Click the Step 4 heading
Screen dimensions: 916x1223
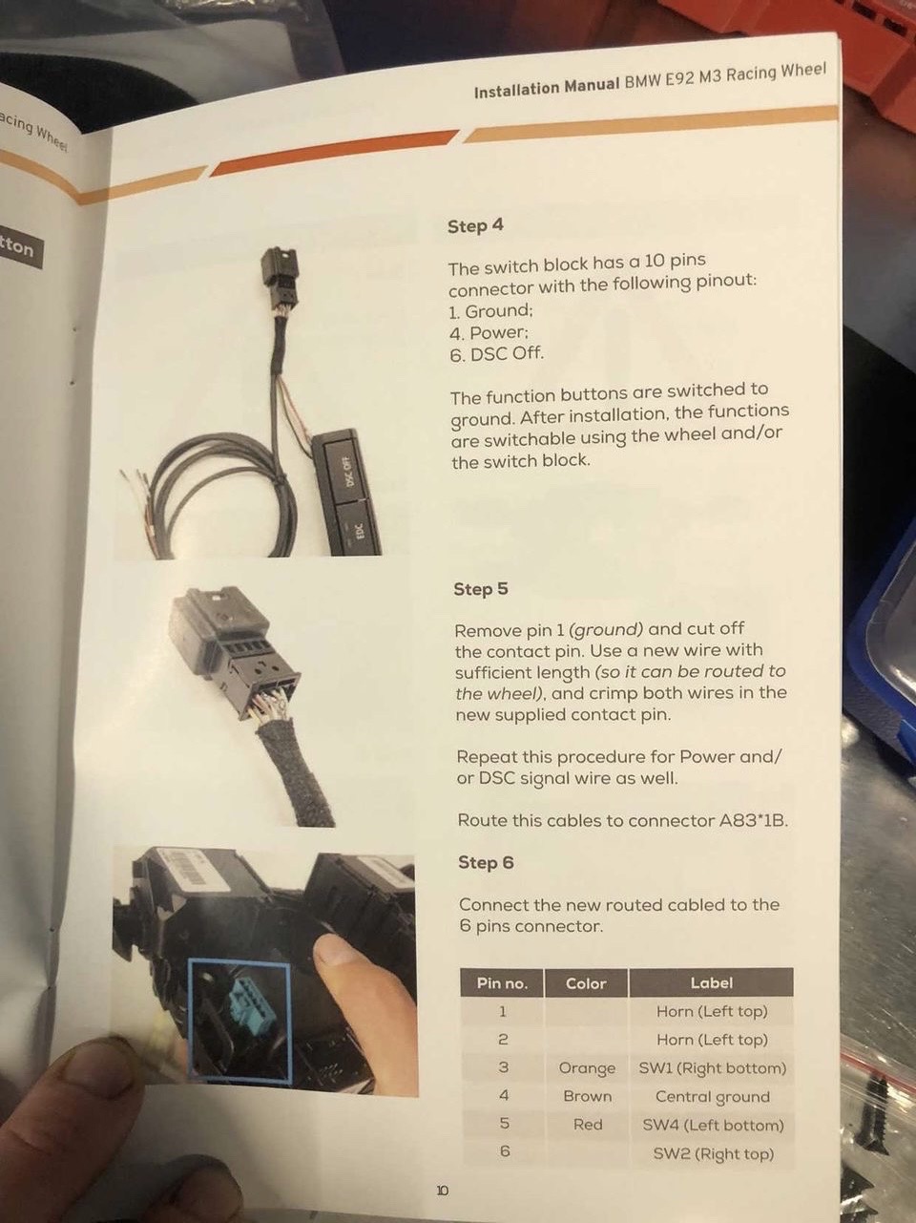475,226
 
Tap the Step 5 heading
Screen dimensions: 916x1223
481,589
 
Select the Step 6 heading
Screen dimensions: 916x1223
486,862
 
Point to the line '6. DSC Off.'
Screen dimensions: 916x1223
496,353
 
